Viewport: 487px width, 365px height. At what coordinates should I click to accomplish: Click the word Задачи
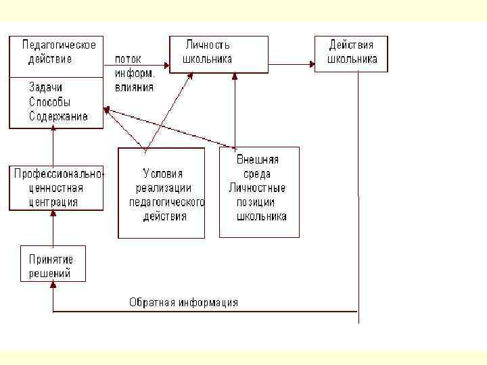pos(45,87)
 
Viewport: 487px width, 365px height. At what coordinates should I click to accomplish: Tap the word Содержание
pos(58,116)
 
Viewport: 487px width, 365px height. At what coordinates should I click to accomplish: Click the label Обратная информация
pos(183,302)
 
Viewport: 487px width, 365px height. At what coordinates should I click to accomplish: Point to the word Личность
pos(208,45)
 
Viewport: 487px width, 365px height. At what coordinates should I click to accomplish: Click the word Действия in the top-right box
pos(351,45)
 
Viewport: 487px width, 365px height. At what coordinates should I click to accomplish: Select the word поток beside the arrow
pos(128,59)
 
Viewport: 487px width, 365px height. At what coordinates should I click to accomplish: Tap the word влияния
pos(134,87)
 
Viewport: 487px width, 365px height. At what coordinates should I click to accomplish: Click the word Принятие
pos(51,259)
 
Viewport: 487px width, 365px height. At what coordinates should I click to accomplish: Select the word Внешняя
pos(258,160)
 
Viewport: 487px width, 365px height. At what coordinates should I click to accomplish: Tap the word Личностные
pos(258,188)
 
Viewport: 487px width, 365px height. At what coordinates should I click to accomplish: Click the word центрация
pos(53,201)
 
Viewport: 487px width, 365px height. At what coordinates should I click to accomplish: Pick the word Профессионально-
pos(59,174)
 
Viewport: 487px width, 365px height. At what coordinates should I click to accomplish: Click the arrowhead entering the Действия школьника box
pos(312,65)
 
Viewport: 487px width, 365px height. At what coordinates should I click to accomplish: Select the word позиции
pos(256,202)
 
